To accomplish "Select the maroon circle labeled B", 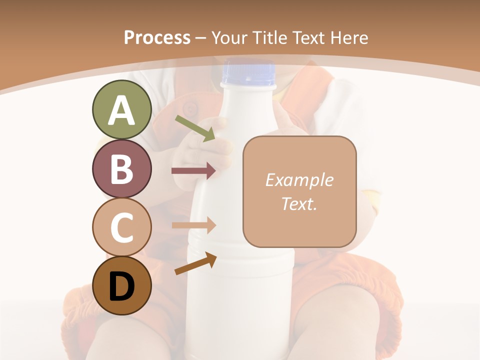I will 121,168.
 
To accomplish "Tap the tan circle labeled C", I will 121,227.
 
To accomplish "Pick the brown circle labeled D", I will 121,285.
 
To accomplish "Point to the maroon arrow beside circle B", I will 193,171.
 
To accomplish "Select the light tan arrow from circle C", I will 193,225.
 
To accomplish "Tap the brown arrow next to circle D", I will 195,263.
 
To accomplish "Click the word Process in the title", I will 157,37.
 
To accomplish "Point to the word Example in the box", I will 299,180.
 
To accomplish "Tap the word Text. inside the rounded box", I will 299,203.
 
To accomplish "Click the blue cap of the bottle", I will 249,73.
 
